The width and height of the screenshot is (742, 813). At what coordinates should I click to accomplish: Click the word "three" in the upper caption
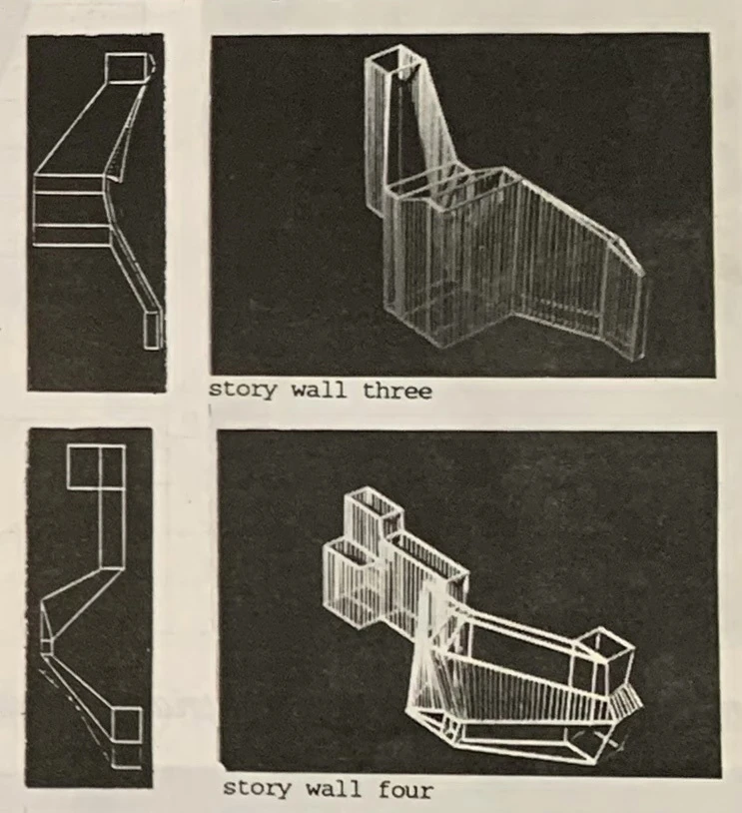(x=396, y=390)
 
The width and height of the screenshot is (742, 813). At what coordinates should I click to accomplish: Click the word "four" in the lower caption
(x=405, y=790)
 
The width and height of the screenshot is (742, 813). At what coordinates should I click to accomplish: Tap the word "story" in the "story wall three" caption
(x=242, y=390)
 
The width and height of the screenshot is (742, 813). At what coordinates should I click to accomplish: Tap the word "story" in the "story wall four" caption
(x=257, y=789)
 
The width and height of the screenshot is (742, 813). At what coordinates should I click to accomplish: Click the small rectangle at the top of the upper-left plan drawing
(x=125, y=67)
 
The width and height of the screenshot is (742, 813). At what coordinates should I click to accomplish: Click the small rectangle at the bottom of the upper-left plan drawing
(x=153, y=330)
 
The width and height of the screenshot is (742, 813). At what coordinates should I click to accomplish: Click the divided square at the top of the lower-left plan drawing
(x=97, y=466)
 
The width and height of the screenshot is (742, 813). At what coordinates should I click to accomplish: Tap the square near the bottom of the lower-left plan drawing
(x=127, y=723)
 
